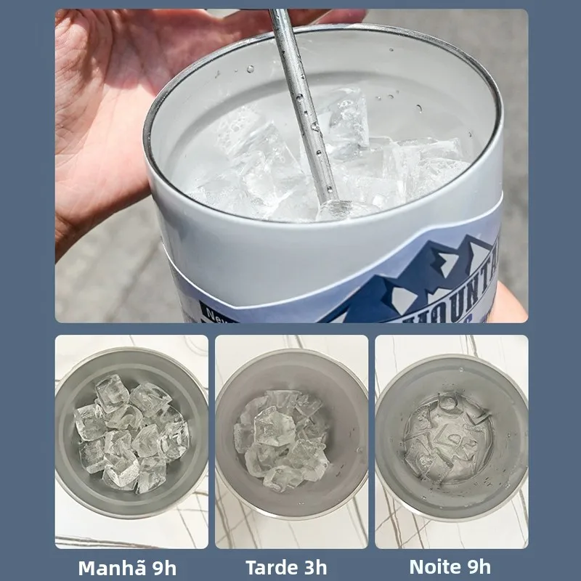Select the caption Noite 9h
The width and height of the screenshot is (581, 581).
tap(450, 566)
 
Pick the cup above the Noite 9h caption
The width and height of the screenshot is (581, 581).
tap(451, 436)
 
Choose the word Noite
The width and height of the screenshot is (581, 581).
tap(434, 566)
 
